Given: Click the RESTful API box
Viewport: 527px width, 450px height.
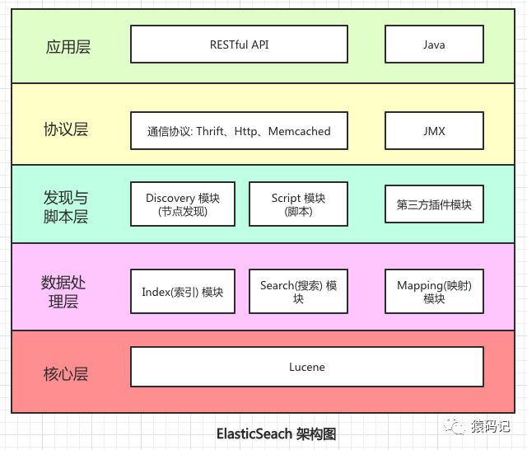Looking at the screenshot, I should coord(239,45).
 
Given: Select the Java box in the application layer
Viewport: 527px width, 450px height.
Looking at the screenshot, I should coord(434,45).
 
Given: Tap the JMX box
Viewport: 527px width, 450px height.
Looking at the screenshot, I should coord(434,131).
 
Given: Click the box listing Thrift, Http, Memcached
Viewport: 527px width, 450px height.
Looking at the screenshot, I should coord(239,131).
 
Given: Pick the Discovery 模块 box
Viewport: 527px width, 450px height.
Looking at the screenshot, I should coord(182,204).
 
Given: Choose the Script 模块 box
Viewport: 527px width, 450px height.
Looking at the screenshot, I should coord(298,204).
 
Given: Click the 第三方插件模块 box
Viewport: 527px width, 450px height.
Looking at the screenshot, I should coord(434,204).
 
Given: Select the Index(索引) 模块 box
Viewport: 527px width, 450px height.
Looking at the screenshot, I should coord(182,292).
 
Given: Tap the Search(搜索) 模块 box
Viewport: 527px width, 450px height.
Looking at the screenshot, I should coord(298,292).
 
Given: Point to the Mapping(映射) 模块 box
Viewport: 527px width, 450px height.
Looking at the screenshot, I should coord(434,292).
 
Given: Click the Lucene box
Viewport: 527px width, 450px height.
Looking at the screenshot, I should coord(307,367).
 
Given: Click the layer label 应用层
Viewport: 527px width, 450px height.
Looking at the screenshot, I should coord(68,46).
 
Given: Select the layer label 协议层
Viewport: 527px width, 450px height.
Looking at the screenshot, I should coord(66,129).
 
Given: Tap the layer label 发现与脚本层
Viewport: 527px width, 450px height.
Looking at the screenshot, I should coord(66,207).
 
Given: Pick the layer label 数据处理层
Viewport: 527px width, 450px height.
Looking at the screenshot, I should coord(63,292).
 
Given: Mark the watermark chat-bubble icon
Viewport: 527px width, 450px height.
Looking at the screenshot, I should coord(455,426).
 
